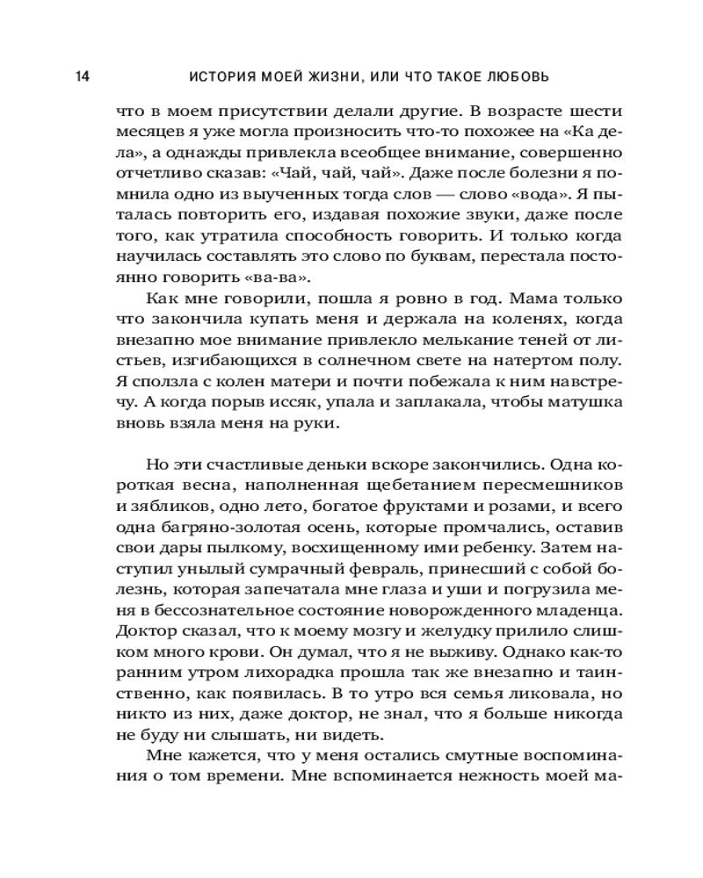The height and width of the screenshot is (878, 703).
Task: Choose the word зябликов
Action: [x=167, y=507]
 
